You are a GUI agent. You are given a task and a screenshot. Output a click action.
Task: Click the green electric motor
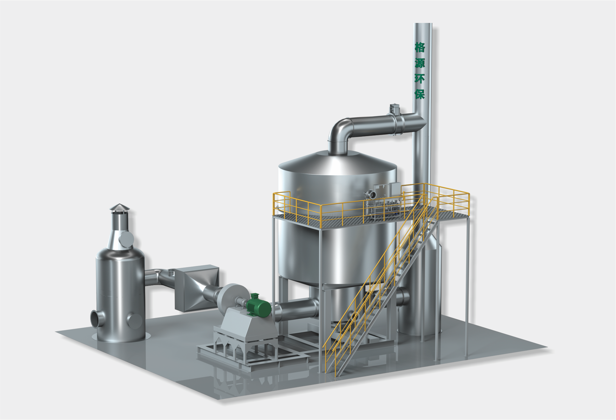258,306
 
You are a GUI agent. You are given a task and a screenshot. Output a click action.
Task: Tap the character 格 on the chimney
420,47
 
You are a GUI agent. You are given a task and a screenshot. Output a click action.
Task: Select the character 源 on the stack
420,63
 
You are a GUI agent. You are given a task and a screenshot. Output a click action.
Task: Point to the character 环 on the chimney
420,78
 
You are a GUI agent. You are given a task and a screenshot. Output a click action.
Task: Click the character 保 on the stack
420,94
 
